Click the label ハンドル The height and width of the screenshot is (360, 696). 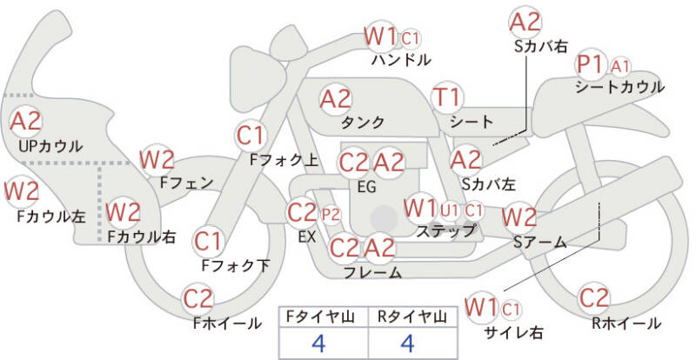click(x=400, y=61)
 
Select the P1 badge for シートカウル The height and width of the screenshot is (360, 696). click(x=591, y=65)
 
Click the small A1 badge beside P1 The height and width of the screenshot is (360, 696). click(x=621, y=66)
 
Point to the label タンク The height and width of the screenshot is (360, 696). click(x=358, y=122)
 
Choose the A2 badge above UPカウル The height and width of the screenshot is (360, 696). click(x=26, y=122)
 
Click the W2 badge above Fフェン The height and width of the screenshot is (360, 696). click(x=157, y=159)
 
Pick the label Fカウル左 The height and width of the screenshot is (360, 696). click(x=45, y=217)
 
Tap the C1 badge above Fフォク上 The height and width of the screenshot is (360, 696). click(x=251, y=136)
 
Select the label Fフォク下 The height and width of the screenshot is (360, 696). click(x=235, y=265)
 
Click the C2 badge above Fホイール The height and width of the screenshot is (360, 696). click(x=198, y=299)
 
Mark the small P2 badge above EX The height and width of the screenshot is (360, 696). click(x=331, y=213)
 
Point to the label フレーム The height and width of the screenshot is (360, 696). click(x=372, y=273)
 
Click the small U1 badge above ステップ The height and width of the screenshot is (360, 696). click(x=450, y=210)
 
